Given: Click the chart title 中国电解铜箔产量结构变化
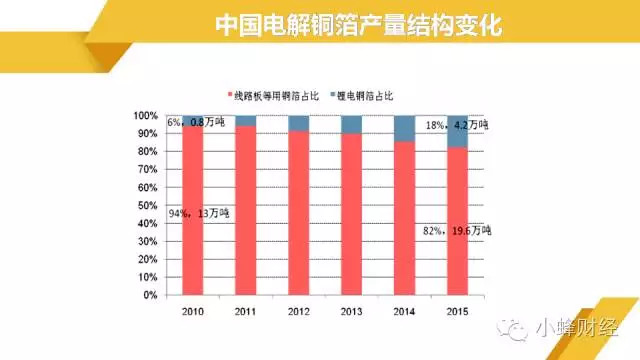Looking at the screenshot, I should (x=359, y=25).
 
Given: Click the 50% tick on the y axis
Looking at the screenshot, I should (x=147, y=206).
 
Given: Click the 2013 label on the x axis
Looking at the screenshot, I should (x=351, y=310).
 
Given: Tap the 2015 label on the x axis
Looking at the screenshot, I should (x=456, y=310).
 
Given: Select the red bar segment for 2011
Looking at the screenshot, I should (x=246, y=211).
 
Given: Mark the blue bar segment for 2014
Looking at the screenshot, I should (x=404, y=128).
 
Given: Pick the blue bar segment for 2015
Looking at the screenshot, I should (x=456, y=131).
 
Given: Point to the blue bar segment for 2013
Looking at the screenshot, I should (x=351, y=124).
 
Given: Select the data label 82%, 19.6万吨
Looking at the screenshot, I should (x=456, y=231).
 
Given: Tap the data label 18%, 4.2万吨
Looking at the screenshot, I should (x=456, y=125).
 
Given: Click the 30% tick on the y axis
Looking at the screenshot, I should (x=147, y=242).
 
